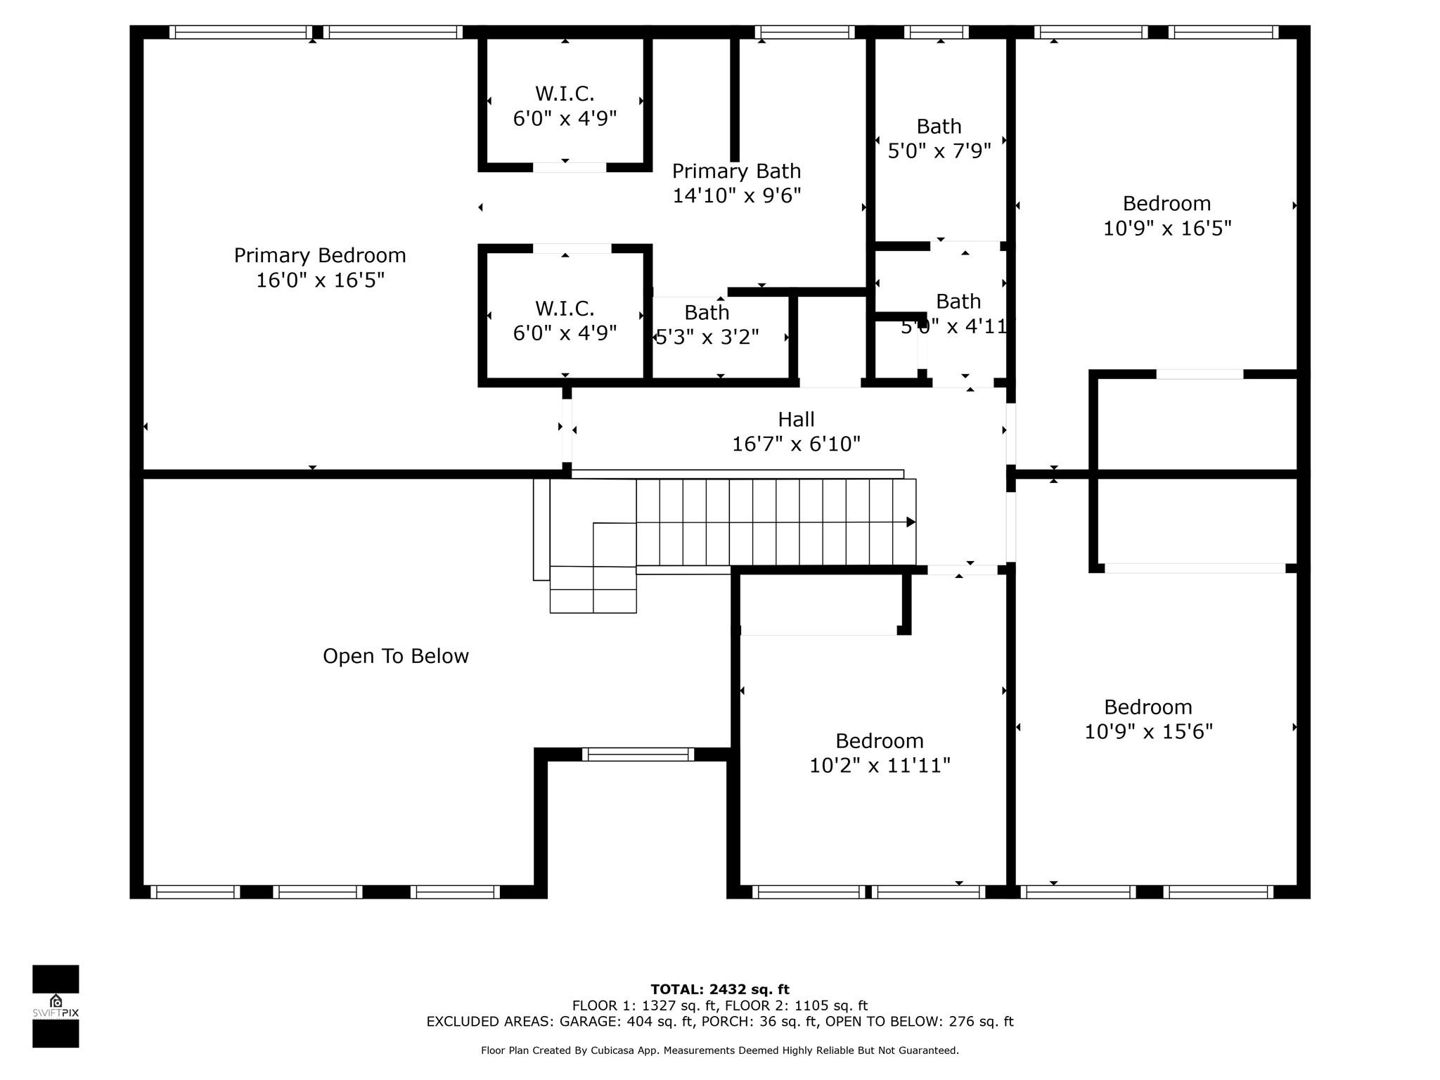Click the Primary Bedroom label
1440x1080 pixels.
[x=320, y=255]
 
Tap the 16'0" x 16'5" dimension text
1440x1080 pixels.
[x=320, y=281]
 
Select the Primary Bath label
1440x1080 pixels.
[x=736, y=171]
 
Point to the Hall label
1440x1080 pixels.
[x=796, y=419]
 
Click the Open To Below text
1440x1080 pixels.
[x=396, y=656]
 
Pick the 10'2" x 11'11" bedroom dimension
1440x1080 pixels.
[x=880, y=765]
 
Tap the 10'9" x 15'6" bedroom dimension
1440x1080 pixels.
[x=1148, y=731]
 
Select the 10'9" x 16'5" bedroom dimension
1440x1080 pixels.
[x=1167, y=229]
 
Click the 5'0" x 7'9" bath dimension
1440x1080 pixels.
[x=939, y=151]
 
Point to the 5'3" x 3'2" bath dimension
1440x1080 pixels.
[x=707, y=337]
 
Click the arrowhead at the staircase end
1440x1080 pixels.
[x=911, y=522]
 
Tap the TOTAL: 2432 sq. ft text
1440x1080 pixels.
[x=720, y=989]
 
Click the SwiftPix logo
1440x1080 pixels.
[x=56, y=1005]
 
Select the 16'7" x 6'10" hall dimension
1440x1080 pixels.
[x=796, y=444]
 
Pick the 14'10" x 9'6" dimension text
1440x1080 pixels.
[x=737, y=195]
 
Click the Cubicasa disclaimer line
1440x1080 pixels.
[x=720, y=1050]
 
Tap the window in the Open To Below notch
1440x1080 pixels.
[x=638, y=754]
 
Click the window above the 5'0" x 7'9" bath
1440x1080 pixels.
[x=936, y=32]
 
